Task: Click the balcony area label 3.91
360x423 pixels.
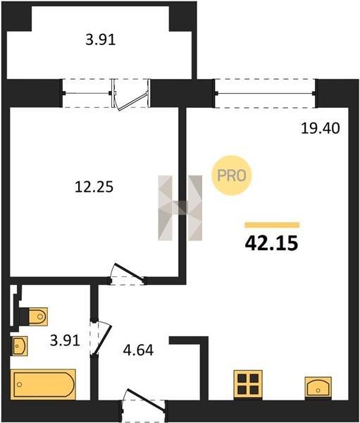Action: click(101, 40)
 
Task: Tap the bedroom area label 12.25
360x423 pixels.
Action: click(94, 187)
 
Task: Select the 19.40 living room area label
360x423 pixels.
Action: click(320, 128)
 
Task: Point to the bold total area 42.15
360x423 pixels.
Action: click(271, 243)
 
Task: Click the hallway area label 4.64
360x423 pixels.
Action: click(138, 350)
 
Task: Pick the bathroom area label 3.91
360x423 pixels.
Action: click(65, 341)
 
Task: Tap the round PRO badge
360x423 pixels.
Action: click(231, 176)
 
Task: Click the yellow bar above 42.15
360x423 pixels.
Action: click(272, 225)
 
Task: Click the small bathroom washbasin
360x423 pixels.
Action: click(19, 345)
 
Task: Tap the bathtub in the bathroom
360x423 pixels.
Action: click(43, 384)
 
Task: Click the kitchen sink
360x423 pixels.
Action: click(318, 386)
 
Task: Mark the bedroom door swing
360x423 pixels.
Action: click(127, 274)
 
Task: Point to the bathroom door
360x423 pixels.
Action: click(101, 337)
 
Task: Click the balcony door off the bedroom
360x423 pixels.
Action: click(130, 94)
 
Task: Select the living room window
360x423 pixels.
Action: click(265, 93)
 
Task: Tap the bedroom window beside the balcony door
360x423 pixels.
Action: click(87, 93)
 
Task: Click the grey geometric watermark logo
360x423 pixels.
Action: click(180, 208)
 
